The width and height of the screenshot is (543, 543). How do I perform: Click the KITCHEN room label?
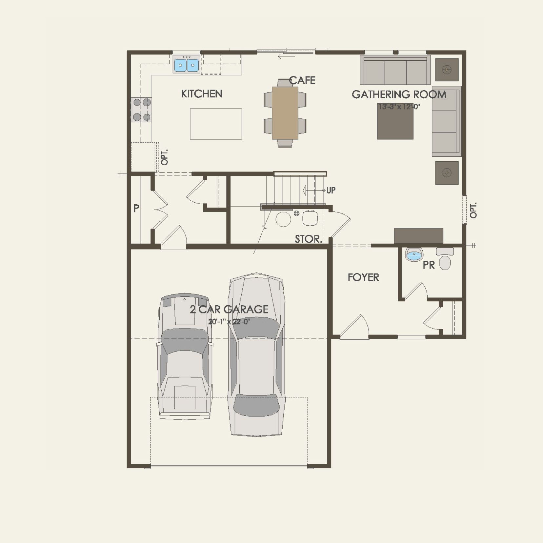click(202, 94)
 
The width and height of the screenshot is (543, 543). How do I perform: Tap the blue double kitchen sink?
click(186, 65)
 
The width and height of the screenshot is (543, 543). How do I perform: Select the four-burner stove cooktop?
click(142, 110)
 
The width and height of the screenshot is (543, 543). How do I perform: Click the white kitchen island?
click(216, 124)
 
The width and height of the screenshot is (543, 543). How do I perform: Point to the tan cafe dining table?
click(285, 113)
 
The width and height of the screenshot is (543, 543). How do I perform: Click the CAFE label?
click(302, 80)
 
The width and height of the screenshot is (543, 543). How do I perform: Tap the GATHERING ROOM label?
click(399, 95)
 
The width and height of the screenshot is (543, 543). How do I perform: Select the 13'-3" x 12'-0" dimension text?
click(399, 107)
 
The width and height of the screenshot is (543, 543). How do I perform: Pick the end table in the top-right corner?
click(447, 70)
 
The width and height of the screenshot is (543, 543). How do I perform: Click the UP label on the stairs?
click(331, 190)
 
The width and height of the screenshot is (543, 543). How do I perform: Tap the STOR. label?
click(308, 239)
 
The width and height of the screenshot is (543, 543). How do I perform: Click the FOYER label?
click(363, 278)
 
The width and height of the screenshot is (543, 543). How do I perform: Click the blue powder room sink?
click(414, 254)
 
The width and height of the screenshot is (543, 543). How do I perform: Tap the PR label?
click(429, 265)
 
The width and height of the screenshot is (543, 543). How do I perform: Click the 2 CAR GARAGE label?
click(229, 309)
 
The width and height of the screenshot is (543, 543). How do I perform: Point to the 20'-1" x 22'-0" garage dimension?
click(229, 322)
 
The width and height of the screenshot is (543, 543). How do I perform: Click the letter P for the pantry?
click(136, 208)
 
